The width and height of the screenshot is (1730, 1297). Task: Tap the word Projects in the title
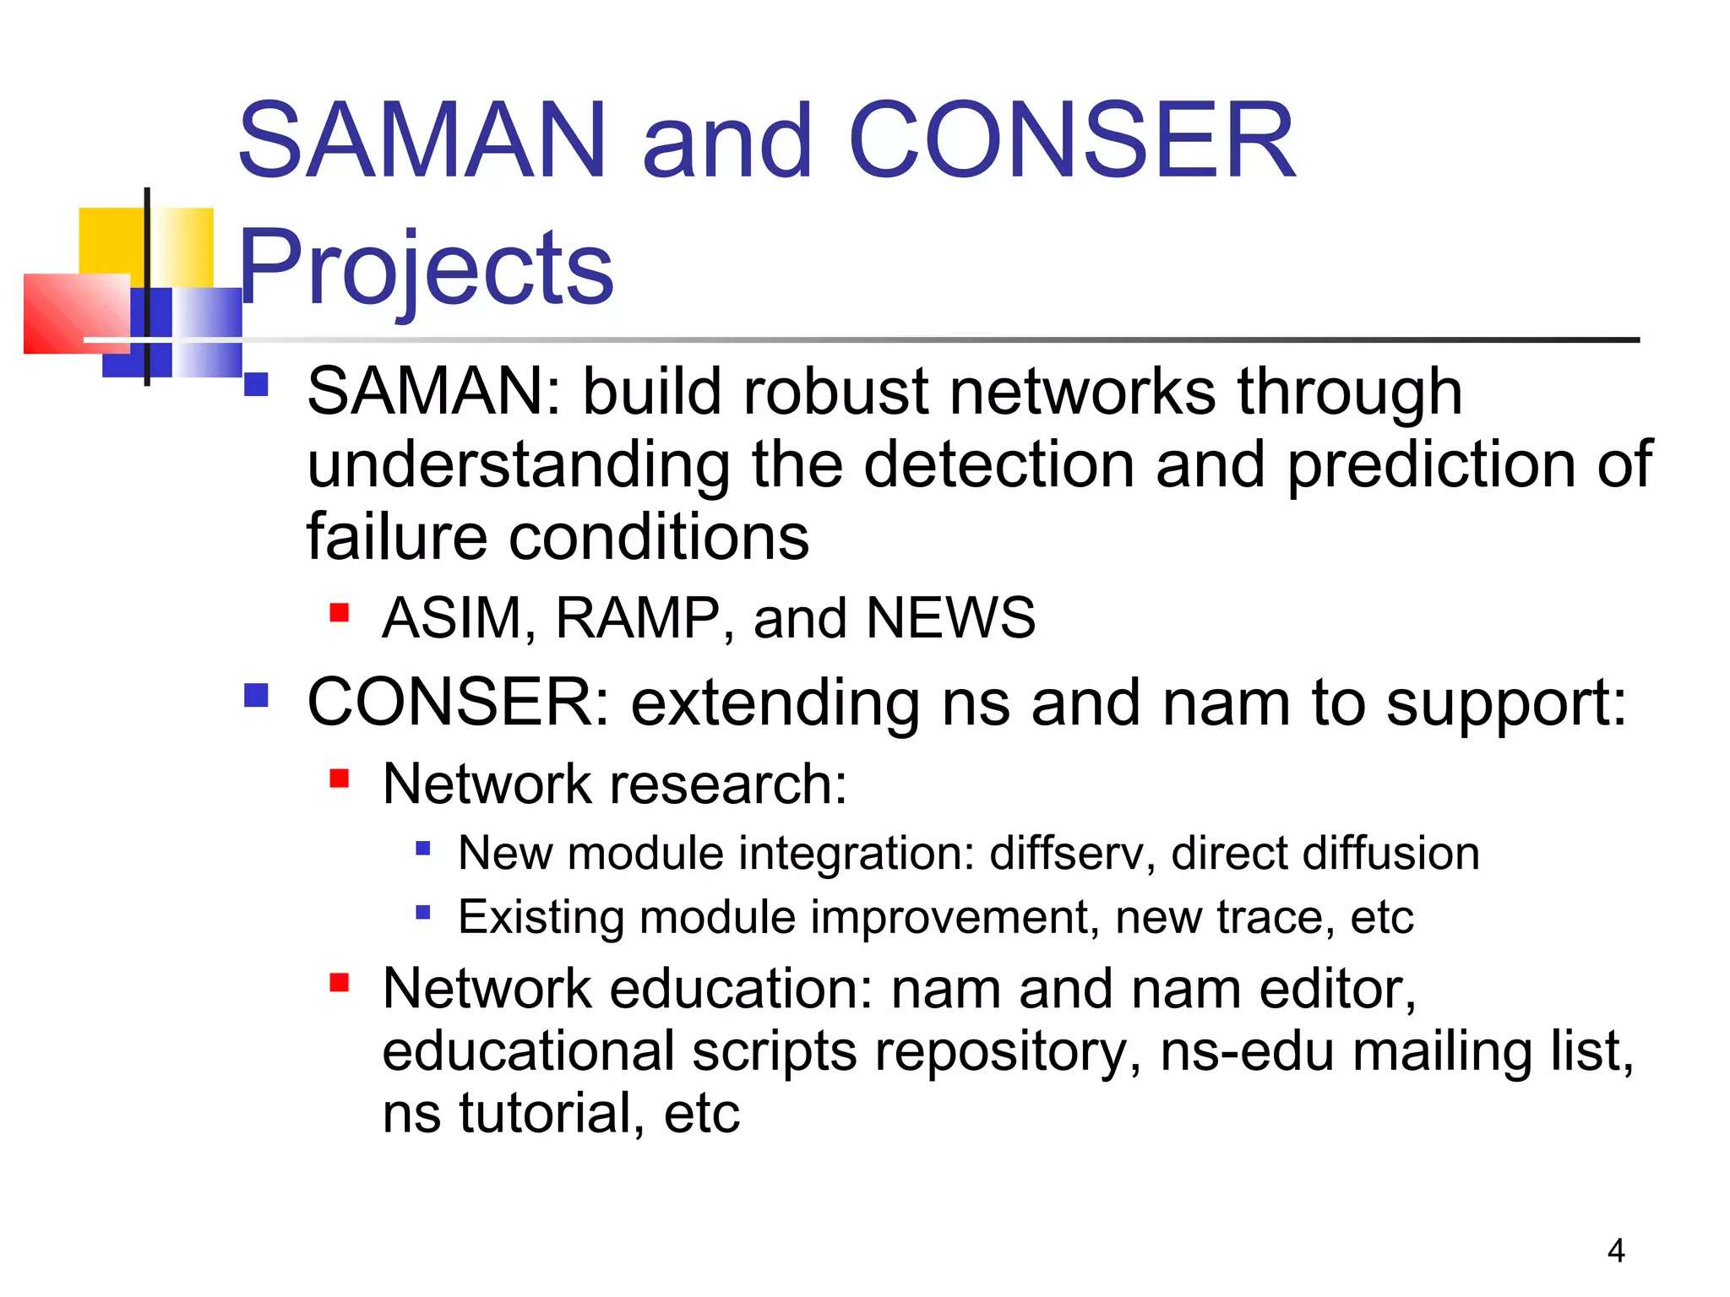(x=425, y=269)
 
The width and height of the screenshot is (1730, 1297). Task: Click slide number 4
(x=1615, y=1251)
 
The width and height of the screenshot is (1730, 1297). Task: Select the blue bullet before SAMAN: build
(x=255, y=384)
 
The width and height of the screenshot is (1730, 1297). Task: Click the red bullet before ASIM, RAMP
(x=339, y=611)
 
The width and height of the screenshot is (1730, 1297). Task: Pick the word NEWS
(x=950, y=618)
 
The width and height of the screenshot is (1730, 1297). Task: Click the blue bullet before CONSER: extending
(x=255, y=695)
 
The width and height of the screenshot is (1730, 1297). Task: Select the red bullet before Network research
(x=339, y=777)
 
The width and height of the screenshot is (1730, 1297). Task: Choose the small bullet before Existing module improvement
(x=423, y=912)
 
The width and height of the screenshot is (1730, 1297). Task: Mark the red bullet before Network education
(x=339, y=982)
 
